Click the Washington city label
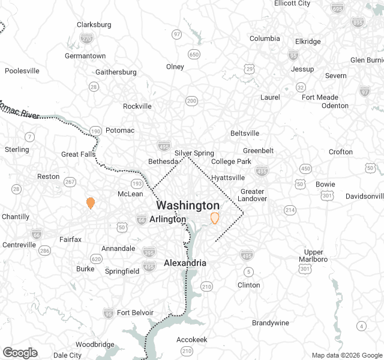pyautogui.click(x=188, y=205)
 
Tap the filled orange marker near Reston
pyautogui.click(x=91, y=203)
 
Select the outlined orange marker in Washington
pyautogui.click(x=215, y=218)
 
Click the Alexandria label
pyautogui.click(x=185, y=263)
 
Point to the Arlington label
pyautogui.click(x=168, y=219)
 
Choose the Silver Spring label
pyautogui.click(x=194, y=153)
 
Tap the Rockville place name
pyautogui.click(x=137, y=106)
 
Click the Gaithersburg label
pyautogui.click(x=116, y=72)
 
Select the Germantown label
pyautogui.click(x=85, y=56)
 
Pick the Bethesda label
pyautogui.click(x=164, y=161)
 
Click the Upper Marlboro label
pyautogui.click(x=314, y=256)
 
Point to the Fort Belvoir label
pyautogui.click(x=135, y=313)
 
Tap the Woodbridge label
pyautogui.click(x=95, y=344)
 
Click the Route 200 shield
pyautogui.click(x=191, y=101)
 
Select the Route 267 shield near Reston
pyautogui.click(x=70, y=182)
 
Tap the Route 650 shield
pyautogui.click(x=194, y=55)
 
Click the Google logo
pyautogui.click(x=20, y=353)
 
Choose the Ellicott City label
pyautogui.click(x=292, y=4)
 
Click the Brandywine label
pyautogui.click(x=271, y=323)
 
